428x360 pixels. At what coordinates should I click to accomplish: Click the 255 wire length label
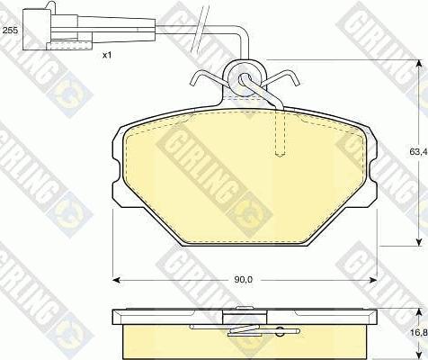(10, 31)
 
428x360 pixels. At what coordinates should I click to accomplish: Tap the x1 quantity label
(106, 56)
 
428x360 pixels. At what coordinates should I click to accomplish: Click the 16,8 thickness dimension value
(417, 331)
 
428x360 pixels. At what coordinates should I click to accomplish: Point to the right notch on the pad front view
(370, 166)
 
